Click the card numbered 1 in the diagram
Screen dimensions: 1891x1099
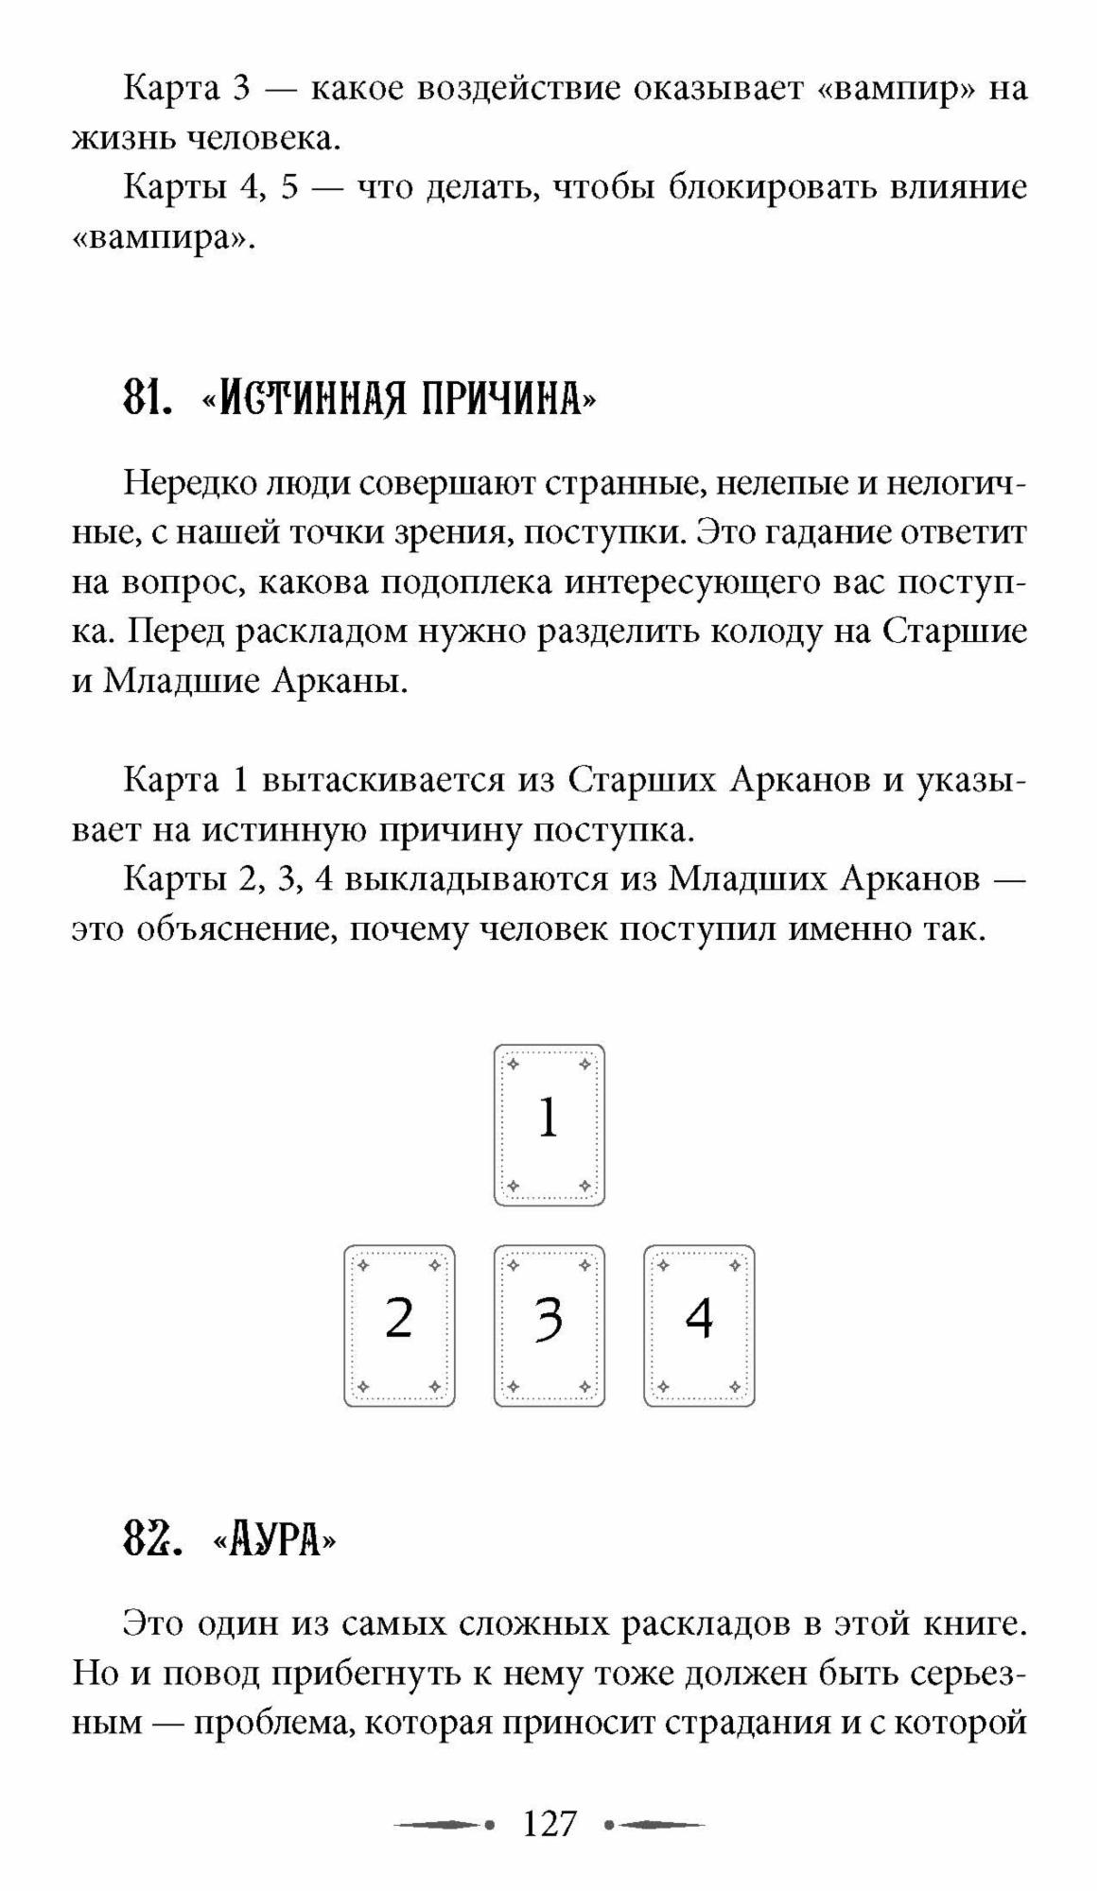click(x=549, y=1124)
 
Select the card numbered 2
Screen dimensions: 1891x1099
click(x=399, y=1325)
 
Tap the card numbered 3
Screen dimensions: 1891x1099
click(x=549, y=1325)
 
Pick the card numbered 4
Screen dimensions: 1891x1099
click(x=699, y=1325)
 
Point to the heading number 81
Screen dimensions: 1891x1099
click(x=147, y=400)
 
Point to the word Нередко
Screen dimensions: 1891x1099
click(x=189, y=483)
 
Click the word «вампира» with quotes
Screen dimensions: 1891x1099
click(x=164, y=238)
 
